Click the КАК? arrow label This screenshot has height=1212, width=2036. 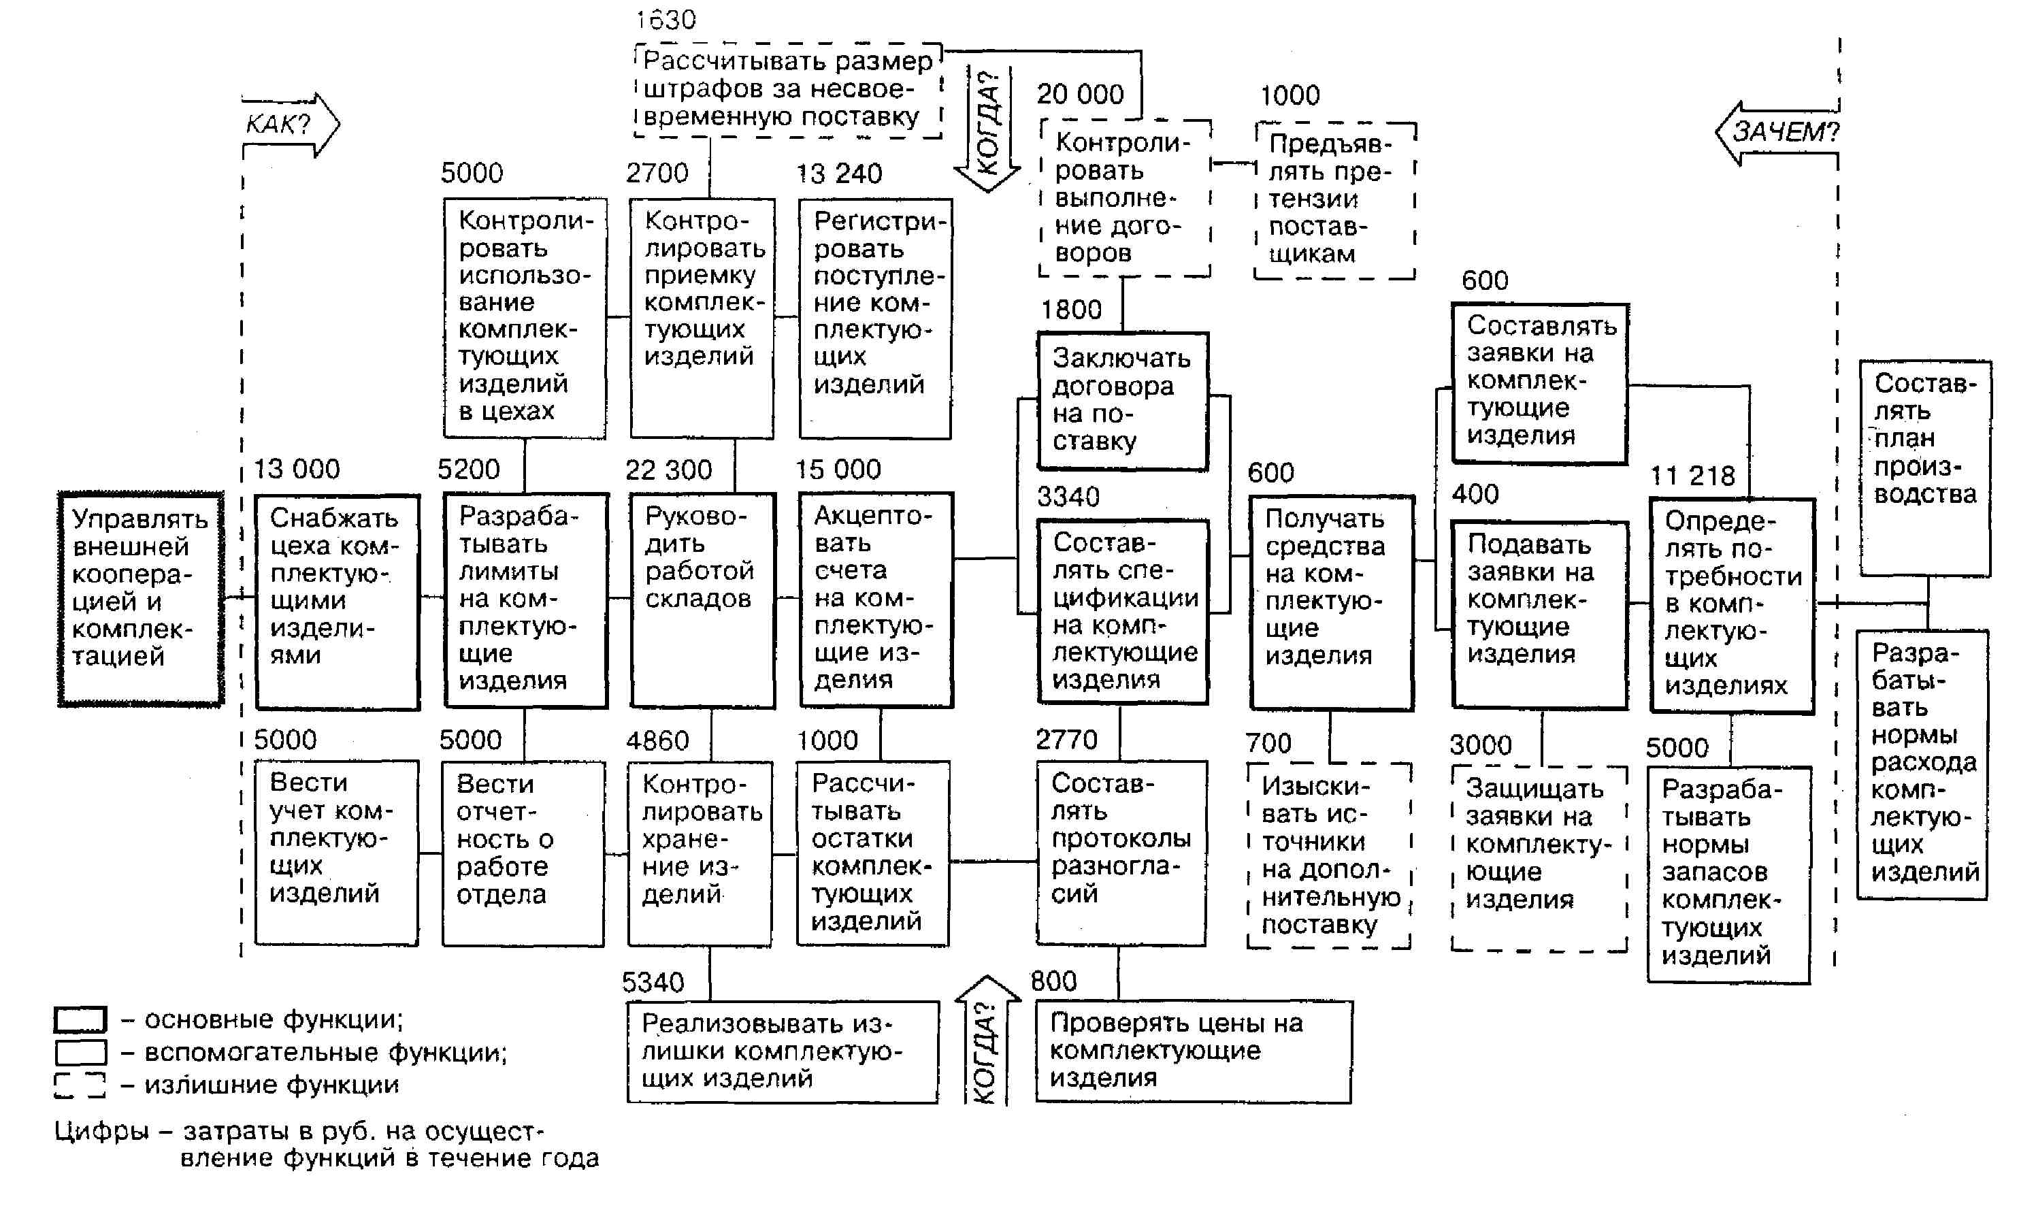[x=279, y=125]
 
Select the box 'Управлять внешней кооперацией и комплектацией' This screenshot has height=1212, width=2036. [x=140, y=599]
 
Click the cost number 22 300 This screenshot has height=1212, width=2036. [x=668, y=470]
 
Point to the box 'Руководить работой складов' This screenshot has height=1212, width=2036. [x=702, y=600]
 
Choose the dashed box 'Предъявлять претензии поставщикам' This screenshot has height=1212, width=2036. [x=1334, y=201]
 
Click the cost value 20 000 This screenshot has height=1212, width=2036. [x=1080, y=95]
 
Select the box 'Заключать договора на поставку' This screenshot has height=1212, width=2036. [x=1122, y=401]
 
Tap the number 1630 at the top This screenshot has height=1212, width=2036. [x=666, y=20]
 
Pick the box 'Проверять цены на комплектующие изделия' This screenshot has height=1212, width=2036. [x=1192, y=1051]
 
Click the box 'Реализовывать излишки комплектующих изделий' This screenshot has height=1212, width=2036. [x=783, y=1051]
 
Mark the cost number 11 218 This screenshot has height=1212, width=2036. [x=1692, y=476]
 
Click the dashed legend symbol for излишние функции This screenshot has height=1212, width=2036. [x=80, y=1085]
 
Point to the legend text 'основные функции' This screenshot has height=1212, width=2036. [x=274, y=1019]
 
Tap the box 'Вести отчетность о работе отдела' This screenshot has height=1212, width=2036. [x=523, y=853]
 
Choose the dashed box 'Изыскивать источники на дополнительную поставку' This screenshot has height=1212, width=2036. [x=1329, y=856]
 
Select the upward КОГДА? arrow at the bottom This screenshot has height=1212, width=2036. [x=987, y=1041]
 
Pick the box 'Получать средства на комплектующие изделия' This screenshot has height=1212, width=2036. [x=1331, y=602]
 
